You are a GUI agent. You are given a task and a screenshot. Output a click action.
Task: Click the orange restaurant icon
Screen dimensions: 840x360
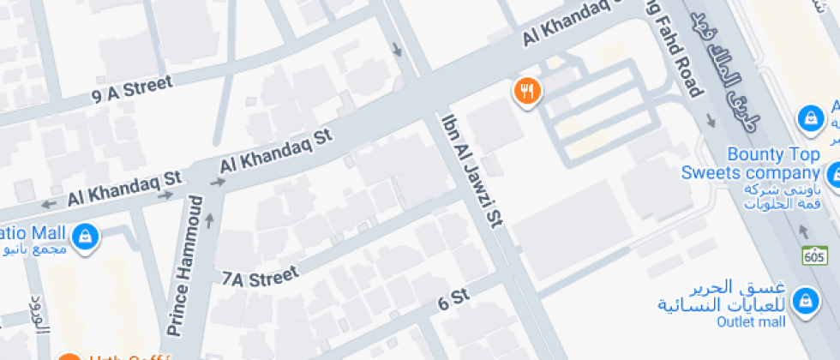coord(526,91)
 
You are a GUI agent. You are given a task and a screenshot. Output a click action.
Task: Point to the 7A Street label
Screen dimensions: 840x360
coord(260,277)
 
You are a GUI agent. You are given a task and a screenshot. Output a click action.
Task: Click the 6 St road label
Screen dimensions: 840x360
coord(454,299)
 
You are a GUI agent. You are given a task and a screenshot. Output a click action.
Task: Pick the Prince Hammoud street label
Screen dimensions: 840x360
coord(185,266)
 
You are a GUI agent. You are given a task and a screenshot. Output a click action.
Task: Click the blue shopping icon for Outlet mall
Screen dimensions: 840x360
coord(804,301)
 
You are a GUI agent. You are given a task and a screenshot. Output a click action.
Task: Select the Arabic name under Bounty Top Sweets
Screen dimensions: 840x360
coord(783,196)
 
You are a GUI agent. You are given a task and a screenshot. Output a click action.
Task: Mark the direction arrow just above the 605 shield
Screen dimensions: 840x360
coord(804,231)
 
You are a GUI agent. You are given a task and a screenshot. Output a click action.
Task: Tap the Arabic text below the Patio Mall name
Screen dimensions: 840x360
coord(34,250)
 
